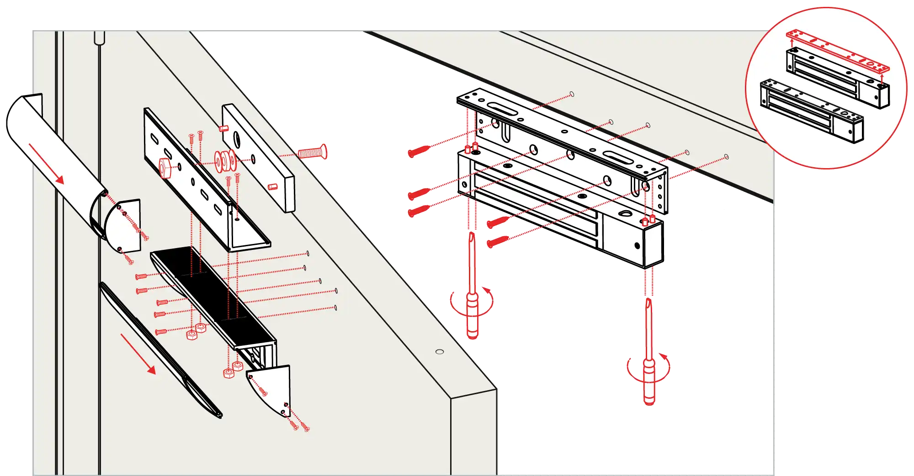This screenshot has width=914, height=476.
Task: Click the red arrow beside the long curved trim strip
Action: (138, 354)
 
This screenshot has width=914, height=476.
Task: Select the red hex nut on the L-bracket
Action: (165, 167)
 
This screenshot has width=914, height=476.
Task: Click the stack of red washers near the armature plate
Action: (225, 160)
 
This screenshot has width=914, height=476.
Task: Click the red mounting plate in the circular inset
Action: (837, 50)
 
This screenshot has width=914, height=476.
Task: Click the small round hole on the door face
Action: (440, 351)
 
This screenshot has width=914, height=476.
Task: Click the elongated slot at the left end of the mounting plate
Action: (502, 108)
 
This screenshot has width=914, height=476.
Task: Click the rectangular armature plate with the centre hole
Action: (258, 158)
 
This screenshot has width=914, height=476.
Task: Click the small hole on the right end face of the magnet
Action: (638, 246)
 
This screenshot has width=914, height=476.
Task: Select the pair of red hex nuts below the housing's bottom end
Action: (233, 370)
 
